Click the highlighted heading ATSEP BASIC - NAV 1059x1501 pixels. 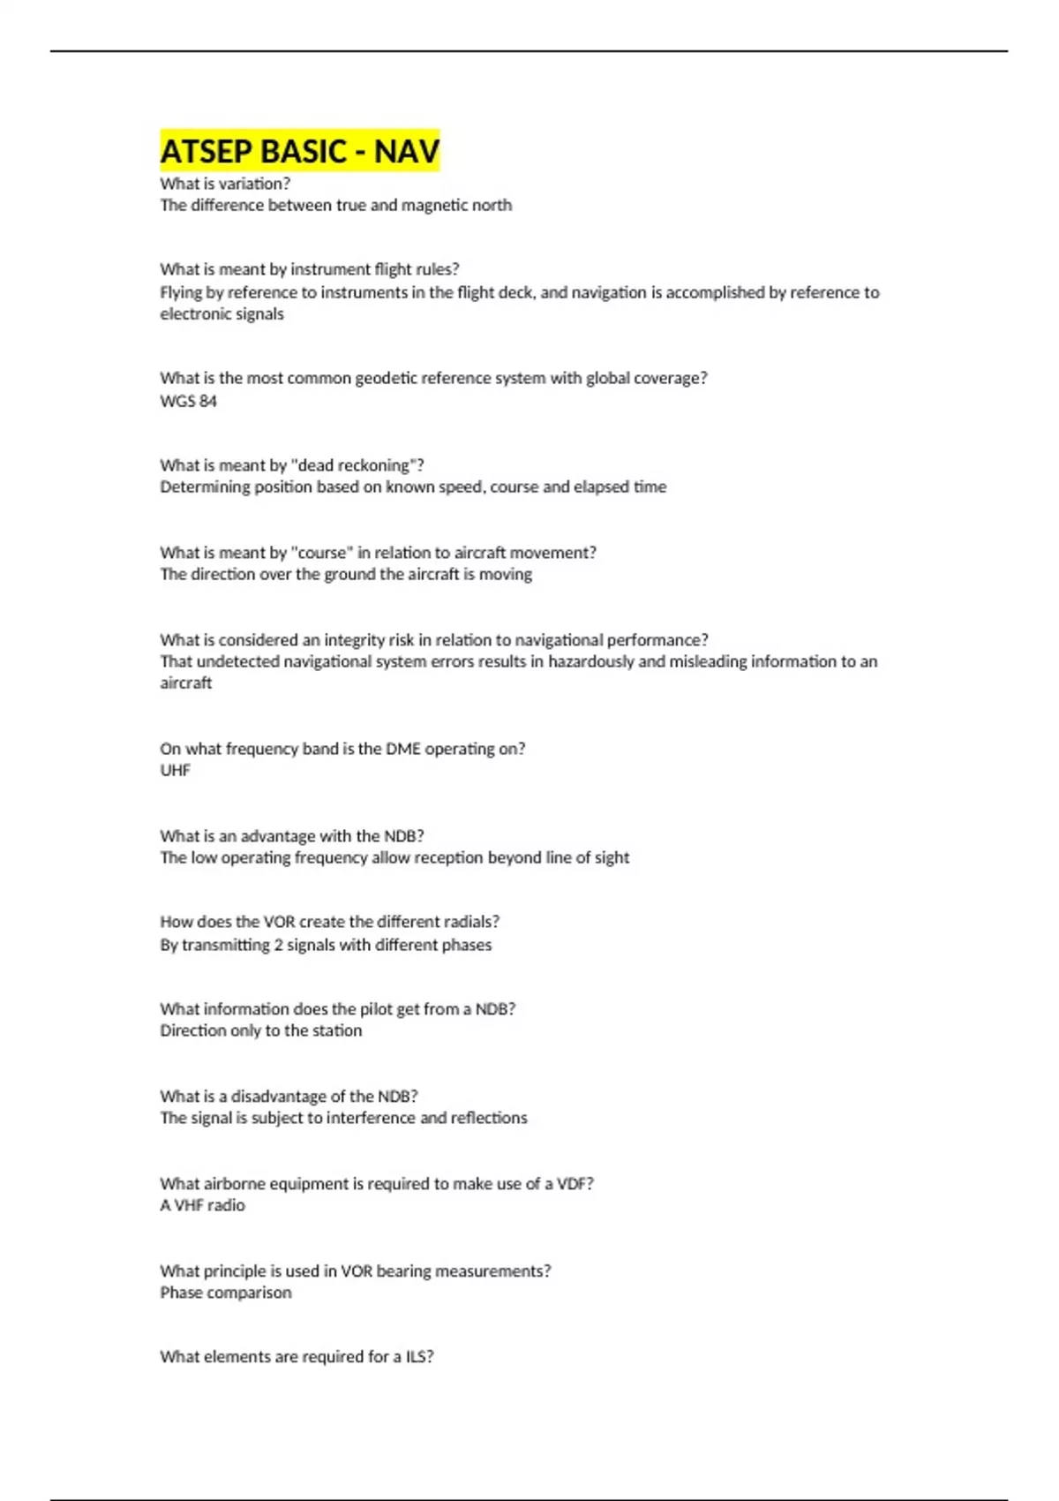coord(299,151)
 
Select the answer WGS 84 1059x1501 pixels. coord(188,401)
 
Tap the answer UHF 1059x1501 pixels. coord(175,770)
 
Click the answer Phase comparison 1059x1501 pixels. coord(225,1293)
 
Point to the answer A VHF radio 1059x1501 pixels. coord(202,1205)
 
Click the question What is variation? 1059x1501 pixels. coord(225,184)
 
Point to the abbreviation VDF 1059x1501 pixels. coord(575,1184)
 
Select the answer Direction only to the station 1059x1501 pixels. coord(260,1030)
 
